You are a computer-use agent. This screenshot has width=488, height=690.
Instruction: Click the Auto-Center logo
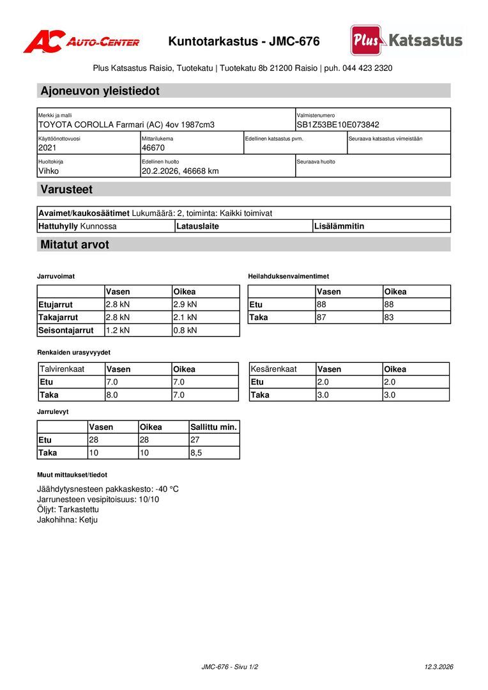[81, 42]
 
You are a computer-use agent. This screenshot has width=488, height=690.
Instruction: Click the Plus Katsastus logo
[406, 40]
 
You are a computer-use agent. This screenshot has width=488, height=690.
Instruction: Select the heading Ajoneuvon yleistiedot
[100, 91]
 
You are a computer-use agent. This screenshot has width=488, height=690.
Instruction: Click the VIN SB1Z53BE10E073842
[338, 125]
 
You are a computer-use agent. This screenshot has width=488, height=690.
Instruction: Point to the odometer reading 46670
[153, 148]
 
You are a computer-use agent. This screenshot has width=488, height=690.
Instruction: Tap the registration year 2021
[47, 148]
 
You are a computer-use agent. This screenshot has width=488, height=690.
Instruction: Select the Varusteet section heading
[66, 189]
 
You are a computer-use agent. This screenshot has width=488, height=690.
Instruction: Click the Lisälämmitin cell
[339, 226]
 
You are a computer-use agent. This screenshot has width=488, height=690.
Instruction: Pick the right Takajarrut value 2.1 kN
[185, 317]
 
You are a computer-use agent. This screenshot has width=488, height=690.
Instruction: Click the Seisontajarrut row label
[66, 330]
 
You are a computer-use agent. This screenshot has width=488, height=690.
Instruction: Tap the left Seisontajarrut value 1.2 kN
[118, 330]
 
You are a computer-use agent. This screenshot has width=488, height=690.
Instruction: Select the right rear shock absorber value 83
[389, 317]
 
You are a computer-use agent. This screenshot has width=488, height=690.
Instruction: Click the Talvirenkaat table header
[62, 369]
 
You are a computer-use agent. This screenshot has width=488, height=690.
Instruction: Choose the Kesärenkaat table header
[273, 369]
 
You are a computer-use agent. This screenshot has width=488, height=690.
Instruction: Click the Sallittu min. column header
[213, 427]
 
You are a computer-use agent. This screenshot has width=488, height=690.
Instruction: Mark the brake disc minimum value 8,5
[197, 452]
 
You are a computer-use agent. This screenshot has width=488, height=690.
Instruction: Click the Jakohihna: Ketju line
[67, 519]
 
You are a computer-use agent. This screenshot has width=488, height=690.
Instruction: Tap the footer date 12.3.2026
[439, 666]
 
